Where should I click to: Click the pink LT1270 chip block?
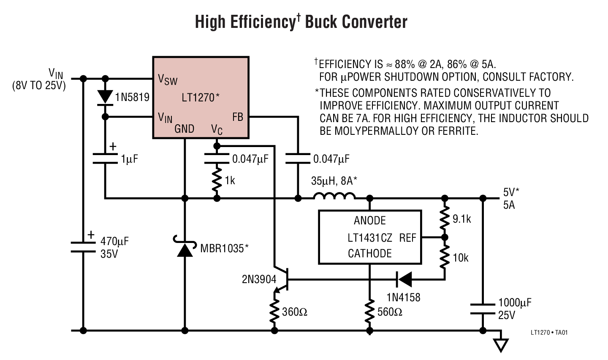pyautogui.click(x=200, y=97)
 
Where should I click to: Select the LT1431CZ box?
pyautogui.click(x=369, y=237)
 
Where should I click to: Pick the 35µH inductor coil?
pyautogui.click(x=334, y=196)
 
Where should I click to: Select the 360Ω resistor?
pyautogui.click(x=275, y=312)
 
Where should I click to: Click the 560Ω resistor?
pyautogui.click(x=369, y=312)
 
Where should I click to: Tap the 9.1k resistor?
pyautogui.click(x=444, y=218)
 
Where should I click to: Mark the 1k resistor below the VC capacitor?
pyautogui.click(x=217, y=180)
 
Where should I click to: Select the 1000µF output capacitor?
pyautogui.click(x=482, y=308)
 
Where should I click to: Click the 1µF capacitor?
pyautogui.click(x=105, y=158)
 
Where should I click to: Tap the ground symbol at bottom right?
pyautogui.click(x=501, y=344)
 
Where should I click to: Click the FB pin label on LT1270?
pyautogui.click(x=238, y=117)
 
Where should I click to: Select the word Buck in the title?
pyautogui.click(x=323, y=22)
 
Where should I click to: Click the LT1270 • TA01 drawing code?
pyautogui.click(x=549, y=333)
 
